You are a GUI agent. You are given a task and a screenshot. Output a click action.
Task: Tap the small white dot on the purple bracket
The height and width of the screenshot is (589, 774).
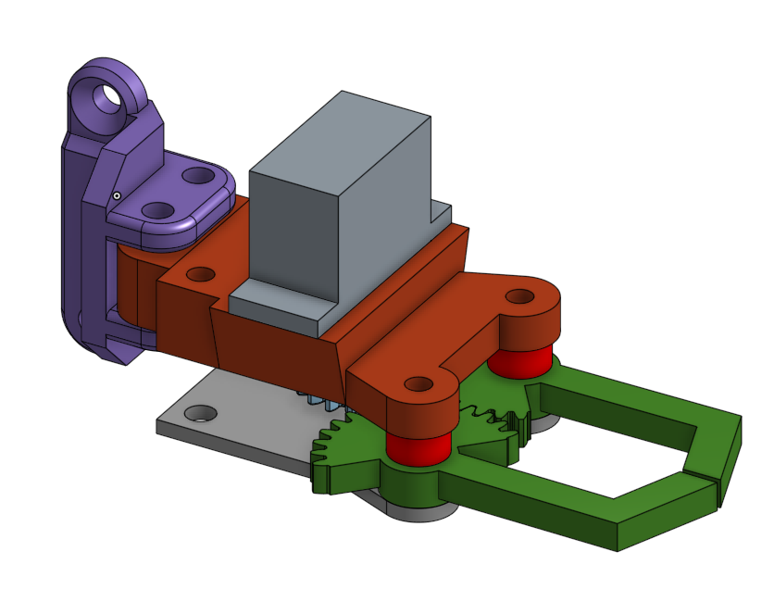coord(117,195)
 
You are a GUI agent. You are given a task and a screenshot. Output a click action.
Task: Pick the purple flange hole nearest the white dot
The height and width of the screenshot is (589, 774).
coord(160,211)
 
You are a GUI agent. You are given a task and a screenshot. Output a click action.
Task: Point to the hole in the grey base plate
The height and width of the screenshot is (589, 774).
coord(197,413)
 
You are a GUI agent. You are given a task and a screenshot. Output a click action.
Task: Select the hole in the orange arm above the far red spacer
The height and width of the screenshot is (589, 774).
coord(519,297)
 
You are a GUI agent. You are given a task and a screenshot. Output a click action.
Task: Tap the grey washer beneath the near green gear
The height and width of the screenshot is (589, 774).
coord(421,512)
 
